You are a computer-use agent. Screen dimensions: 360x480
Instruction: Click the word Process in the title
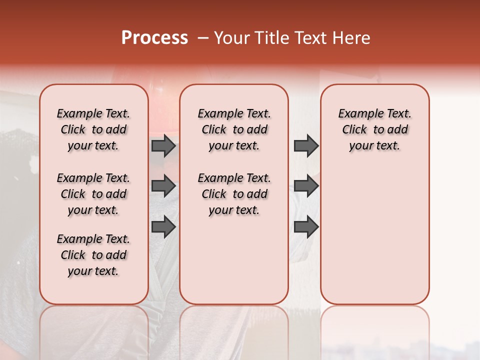pos(154,38)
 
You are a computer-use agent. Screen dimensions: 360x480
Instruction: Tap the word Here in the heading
pos(352,38)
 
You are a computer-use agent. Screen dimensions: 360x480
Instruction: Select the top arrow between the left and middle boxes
pos(163,145)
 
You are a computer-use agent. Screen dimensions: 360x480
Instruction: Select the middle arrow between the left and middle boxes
pos(163,186)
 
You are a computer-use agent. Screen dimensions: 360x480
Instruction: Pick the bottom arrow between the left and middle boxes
pos(163,227)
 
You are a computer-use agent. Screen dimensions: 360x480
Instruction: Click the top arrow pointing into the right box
pos(306,145)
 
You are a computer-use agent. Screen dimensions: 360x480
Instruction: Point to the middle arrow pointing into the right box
pos(306,186)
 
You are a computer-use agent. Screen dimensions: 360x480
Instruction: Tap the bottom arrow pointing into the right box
pos(306,227)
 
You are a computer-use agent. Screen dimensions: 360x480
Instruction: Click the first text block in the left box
pos(93,129)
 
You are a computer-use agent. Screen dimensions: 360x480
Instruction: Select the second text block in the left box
pos(93,194)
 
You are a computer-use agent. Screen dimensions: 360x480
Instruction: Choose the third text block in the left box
pos(93,255)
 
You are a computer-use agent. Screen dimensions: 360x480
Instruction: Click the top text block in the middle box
pos(234,129)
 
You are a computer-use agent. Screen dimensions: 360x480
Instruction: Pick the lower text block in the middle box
pos(234,194)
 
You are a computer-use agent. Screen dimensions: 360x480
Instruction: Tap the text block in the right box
pos(374,129)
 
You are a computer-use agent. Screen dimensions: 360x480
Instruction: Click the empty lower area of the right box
pos(374,235)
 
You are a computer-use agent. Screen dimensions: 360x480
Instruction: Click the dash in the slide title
pos(203,38)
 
